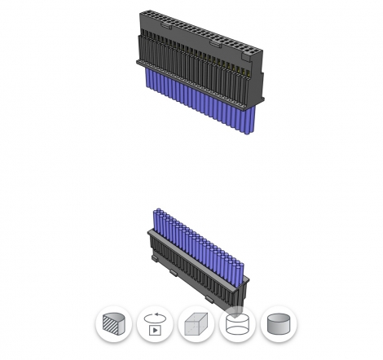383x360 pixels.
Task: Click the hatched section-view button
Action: click(x=112, y=326)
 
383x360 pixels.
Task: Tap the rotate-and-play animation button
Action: click(x=152, y=326)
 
